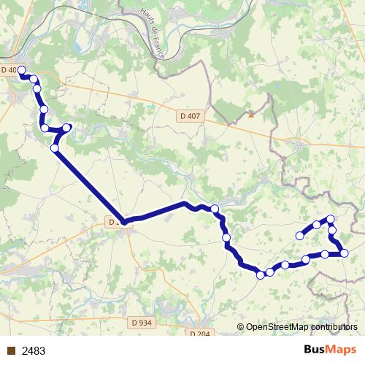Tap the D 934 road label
[x=142, y=322]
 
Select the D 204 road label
[x=199, y=334]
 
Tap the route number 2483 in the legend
[x=34, y=350]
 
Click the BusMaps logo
[x=330, y=350]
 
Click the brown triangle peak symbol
[x=251, y=114]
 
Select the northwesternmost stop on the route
[x=22, y=71]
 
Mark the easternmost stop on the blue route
[x=344, y=253]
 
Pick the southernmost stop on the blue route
[x=260, y=275]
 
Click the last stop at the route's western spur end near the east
[x=299, y=235]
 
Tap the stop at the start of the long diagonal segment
[x=54, y=148]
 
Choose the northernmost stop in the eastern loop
[x=331, y=219]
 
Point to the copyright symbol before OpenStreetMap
[x=240, y=327]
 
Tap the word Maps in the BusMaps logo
[x=342, y=350]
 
